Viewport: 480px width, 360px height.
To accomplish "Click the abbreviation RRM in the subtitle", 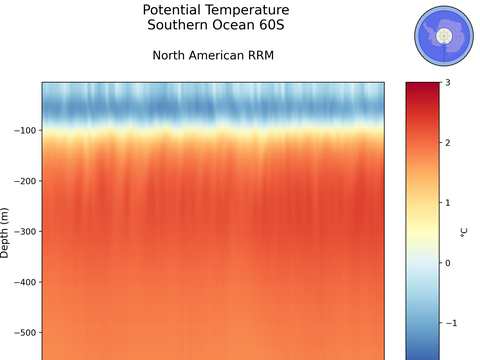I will tap(258, 55).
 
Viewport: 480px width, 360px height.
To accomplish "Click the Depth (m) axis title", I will tap(5, 233).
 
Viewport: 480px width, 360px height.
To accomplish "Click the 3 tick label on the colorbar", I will tap(447, 82).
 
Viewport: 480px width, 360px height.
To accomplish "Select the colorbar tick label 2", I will tap(447, 142).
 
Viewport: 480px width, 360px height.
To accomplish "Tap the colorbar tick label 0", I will tap(447, 263).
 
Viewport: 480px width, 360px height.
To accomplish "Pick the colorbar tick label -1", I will tap(450, 323).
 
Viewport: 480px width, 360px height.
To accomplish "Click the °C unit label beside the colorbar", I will tap(463, 233).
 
